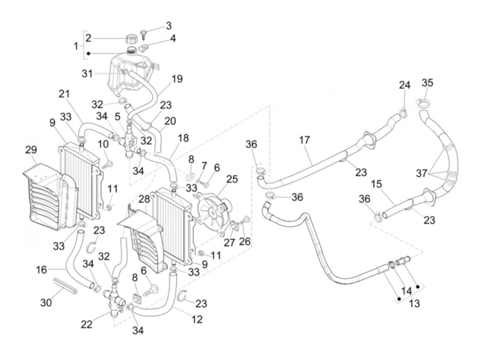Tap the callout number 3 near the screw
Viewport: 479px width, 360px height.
[168, 26]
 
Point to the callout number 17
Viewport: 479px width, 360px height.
[304, 140]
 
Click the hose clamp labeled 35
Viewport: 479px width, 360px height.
[422, 103]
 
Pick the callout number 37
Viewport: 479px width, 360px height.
[422, 173]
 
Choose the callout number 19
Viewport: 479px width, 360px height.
[177, 79]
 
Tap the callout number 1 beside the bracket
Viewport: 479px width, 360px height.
[76, 46]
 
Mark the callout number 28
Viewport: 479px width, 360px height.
[144, 199]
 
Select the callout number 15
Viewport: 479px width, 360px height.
[376, 184]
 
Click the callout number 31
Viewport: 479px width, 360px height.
[87, 74]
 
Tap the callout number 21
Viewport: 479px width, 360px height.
[64, 94]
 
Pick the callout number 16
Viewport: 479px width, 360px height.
[41, 270]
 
